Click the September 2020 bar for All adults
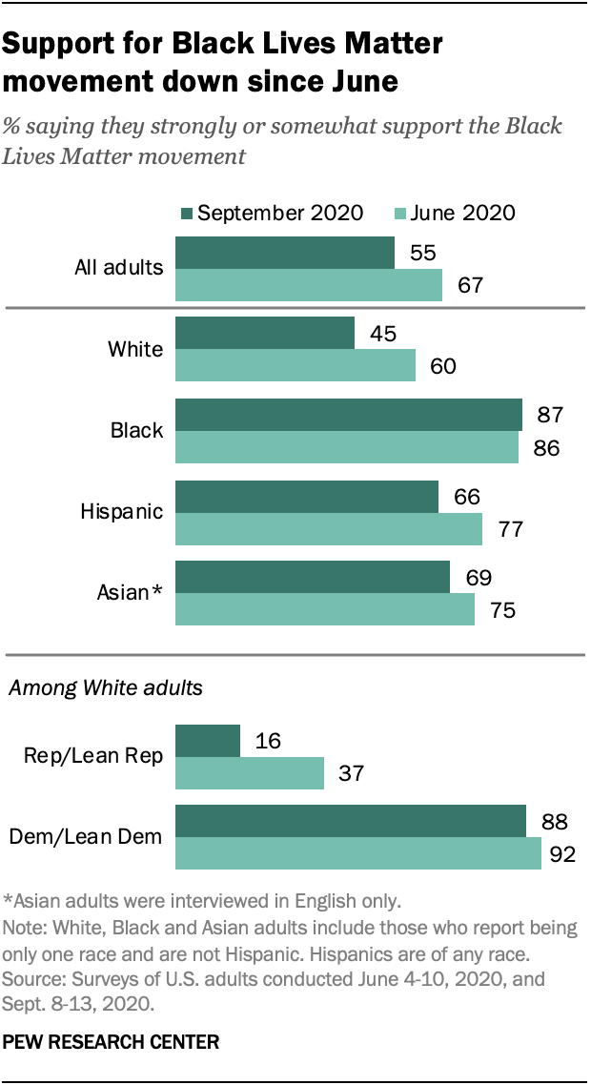tap(285, 253)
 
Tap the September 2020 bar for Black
tap(349, 415)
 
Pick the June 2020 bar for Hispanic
tap(329, 528)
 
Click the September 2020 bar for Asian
tap(313, 577)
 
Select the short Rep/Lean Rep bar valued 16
tap(208, 740)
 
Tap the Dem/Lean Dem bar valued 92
tap(357, 853)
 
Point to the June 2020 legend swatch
tap(401, 213)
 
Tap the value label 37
tap(351, 774)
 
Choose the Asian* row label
tap(131, 592)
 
